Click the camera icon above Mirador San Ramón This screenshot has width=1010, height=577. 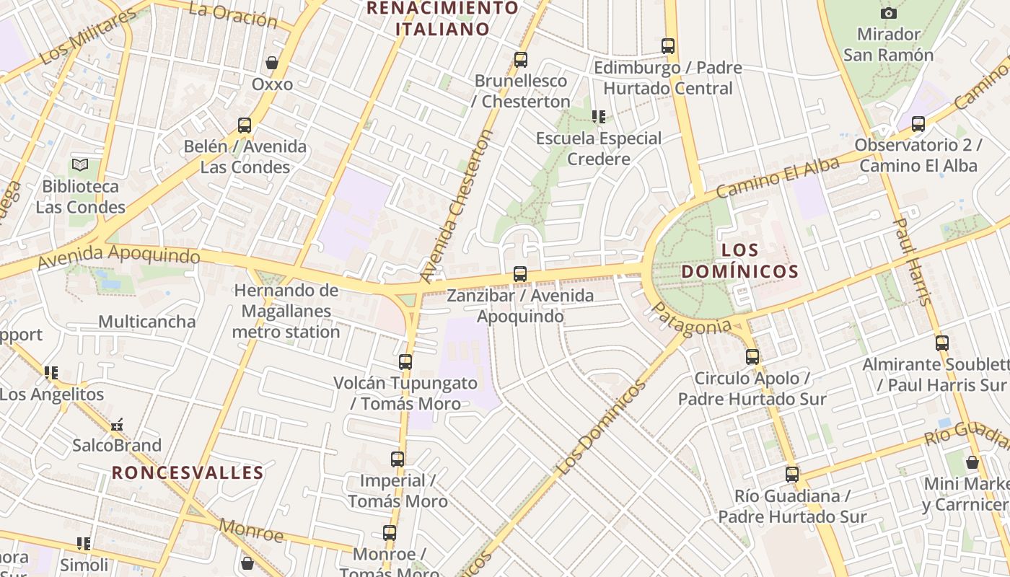[889, 13]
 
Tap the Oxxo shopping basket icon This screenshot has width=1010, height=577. [272, 63]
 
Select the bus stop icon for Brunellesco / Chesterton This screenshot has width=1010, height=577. [521, 60]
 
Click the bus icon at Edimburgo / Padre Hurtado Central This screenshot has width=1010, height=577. [668, 46]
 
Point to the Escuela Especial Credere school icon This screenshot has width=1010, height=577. [598, 116]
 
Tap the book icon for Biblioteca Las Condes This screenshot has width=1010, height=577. [80, 165]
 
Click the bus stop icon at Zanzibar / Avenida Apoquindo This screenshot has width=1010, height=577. [520, 274]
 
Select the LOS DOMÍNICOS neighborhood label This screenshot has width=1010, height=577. [739, 260]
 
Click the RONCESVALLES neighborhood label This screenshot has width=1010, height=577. [188, 473]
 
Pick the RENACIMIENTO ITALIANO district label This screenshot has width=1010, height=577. [443, 19]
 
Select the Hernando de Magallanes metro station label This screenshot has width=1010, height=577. [286, 311]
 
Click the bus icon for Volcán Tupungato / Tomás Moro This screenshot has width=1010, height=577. [405, 361]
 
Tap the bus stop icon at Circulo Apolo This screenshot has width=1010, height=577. [752, 356]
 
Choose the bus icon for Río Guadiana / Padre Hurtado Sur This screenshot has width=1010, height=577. [792, 475]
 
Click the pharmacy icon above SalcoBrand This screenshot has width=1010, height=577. [117, 425]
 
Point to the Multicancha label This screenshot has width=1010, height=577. [147, 322]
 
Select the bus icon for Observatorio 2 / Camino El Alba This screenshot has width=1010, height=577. [918, 124]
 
